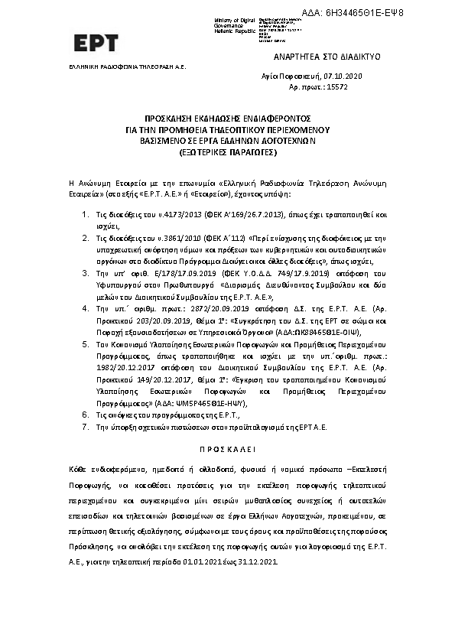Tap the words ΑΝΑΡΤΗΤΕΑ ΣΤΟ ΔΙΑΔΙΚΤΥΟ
point(327,57)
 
